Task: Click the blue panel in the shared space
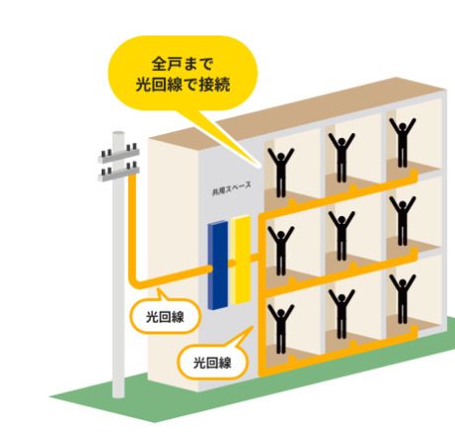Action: click(x=218, y=265)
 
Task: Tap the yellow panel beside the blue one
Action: click(x=241, y=259)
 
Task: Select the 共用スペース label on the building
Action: click(x=232, y=189)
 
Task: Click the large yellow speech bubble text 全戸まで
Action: click(x=183, y=64)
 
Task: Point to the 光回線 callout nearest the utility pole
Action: click(x=165, y=317)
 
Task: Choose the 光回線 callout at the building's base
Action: click(x=212, y=363)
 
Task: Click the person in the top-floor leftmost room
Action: click(x=280, y=173)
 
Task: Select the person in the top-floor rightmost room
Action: click(x=403, y=143)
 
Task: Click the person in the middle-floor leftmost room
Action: click(x=280, y=251)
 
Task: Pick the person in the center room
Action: click(x=341, y=236)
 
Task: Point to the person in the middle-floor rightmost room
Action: click(x=403, y=221)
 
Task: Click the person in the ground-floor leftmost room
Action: click(x=280, y=329)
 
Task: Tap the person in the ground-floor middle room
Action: click(x=341, y=314)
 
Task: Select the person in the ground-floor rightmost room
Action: click(x=403, y=299)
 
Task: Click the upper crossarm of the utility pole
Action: click(x=118, y=154)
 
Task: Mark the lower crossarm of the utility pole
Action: click(x=118, y=173)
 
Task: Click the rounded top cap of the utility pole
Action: click(x=118, y=134)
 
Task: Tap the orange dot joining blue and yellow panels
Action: click(x=232, y=263)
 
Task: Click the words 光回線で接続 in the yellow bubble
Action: click(x=183, y=85)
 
